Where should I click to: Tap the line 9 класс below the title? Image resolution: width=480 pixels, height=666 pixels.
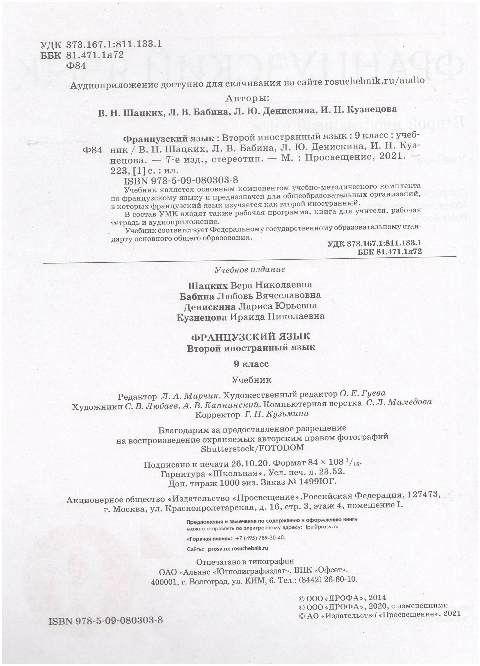(x=251, y=364)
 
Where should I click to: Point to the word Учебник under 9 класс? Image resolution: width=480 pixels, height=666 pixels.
(x=251, y=380)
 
